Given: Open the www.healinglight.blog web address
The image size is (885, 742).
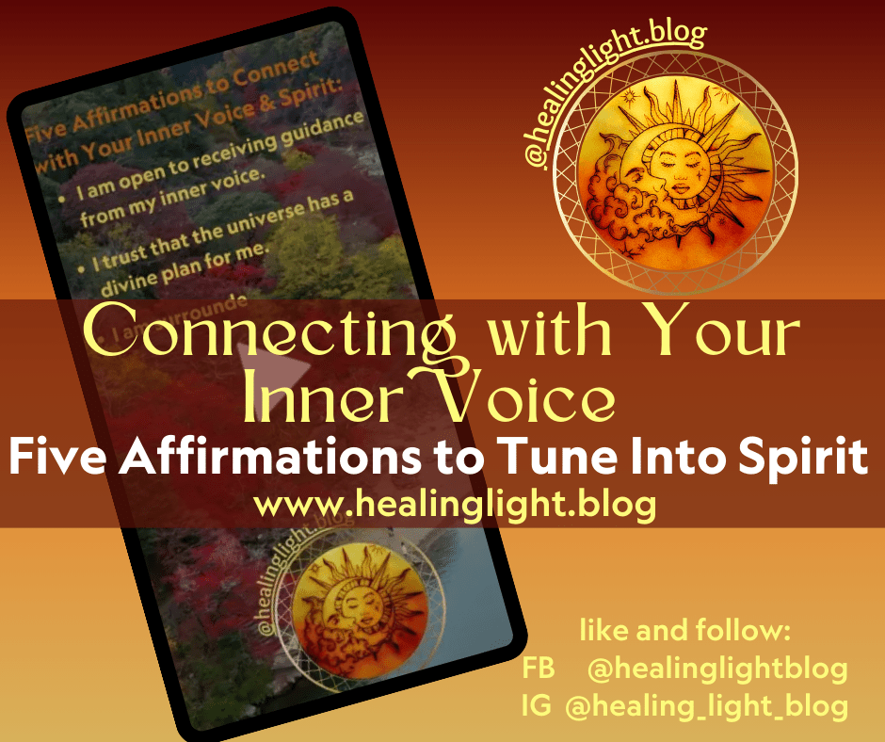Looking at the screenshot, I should [x=455, y=505].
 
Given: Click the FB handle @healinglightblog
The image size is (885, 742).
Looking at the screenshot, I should [x=716, y=669].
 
